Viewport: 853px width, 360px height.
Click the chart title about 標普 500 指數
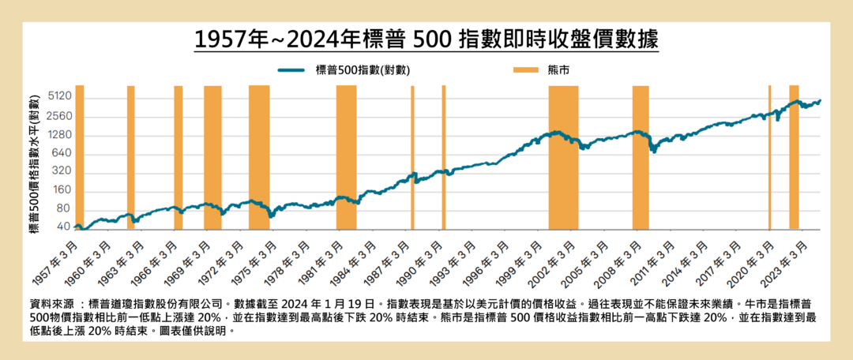426,39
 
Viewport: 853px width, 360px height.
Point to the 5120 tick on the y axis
60,96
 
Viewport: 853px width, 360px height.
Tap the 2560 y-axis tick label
60,116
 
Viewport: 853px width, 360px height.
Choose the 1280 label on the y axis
60,135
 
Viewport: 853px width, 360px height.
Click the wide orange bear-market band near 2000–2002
563,158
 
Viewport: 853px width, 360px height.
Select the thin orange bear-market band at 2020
769,158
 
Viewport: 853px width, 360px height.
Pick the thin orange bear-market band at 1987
412,158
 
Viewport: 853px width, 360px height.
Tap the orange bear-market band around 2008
641,158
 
